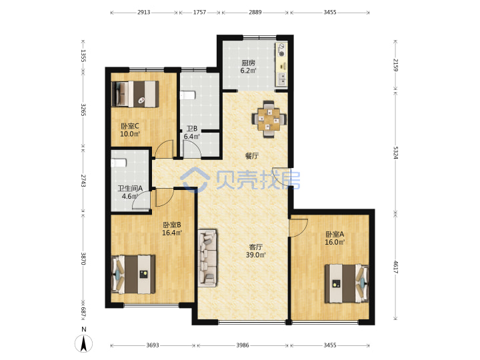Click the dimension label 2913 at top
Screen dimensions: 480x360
[x=143, y=12]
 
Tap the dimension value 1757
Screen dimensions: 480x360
[x=199, y=12]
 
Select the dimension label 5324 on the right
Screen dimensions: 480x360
[x=395, y=153]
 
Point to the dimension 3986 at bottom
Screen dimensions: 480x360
[x=243, y=345]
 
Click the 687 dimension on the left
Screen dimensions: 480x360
[x=83, y=312]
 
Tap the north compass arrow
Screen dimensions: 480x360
[x=83, y=343]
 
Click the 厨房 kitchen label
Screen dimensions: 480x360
[x=248, y=63]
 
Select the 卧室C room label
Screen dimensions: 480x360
[x=130, y=126]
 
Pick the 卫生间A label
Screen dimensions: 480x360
[x=130, y=189]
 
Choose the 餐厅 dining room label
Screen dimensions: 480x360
[x=251, y=156]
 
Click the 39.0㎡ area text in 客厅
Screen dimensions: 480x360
[x=255, y=255]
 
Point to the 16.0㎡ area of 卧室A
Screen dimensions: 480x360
[x=335, y=242]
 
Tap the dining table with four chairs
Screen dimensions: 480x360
[x=269, y=119]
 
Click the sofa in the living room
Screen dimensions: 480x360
[x=207, y=258]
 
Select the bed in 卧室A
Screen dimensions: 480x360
[x=347, y=283]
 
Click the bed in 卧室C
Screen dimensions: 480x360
[x=135, y=94]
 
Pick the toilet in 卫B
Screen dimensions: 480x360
[x=187, y=95]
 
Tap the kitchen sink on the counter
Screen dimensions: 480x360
[x=281, y=79]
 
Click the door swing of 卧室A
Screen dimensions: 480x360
[x=299, y=227]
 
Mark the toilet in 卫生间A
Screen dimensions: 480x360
[x=119, y=163]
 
